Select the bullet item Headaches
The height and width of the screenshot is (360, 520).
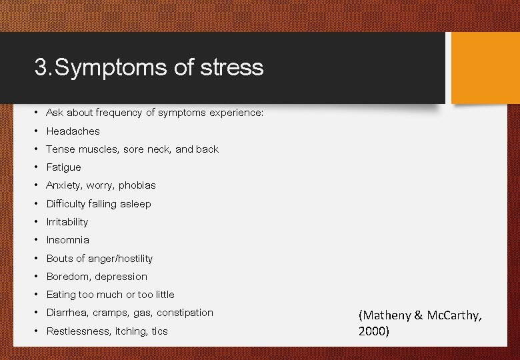click(x=73, y=131)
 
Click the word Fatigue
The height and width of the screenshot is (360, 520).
click(x=63, y=167)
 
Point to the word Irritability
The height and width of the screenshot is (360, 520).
click(x=67, y=222)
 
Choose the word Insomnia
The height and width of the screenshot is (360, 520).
click(x=67, y=240)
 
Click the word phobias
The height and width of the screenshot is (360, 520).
click(x=137, y=185)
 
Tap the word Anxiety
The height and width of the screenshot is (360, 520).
click(x=64, y=185)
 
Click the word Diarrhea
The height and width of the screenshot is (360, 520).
click(x=67, y=313)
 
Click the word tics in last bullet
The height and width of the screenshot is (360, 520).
click(x=159, y=331)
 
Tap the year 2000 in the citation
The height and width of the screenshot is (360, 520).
click(x=373, y=331)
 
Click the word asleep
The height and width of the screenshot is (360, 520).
click(x=136, y=204)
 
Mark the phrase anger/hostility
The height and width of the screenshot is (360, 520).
click(x=121, y=259)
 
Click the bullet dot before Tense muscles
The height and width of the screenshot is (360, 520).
click(x=39, y=149)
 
